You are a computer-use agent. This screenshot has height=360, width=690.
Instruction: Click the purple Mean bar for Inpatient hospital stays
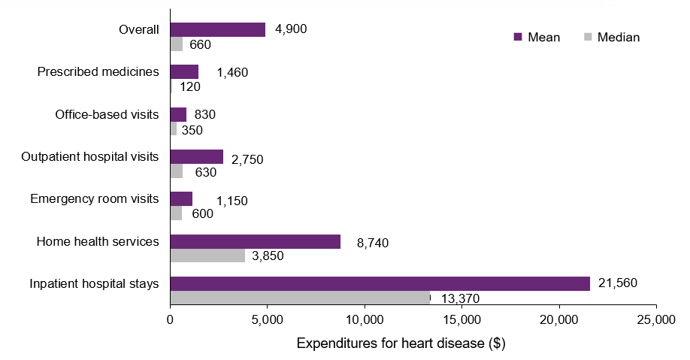[x=380, y=283]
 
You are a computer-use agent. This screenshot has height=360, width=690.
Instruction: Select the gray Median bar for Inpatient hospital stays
[x=300, y=298]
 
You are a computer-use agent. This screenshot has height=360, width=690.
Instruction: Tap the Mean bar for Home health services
[x=255, y=241]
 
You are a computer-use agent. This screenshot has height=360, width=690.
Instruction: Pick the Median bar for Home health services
[x=207, y=256]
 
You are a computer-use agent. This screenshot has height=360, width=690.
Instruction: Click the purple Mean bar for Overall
[x=217, y=29]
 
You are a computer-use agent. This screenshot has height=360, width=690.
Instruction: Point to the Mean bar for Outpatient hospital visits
[x=196, y=156]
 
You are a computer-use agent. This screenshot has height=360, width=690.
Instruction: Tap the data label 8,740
[x=373, y=243]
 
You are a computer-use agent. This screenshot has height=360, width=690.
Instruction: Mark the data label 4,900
[x=291, y=30]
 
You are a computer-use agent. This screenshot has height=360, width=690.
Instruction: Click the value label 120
[x=190, y=86]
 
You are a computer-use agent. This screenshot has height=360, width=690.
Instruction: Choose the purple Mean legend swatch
[x=517, y=37]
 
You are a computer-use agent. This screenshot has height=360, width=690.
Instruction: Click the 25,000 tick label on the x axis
[x=656, y=320]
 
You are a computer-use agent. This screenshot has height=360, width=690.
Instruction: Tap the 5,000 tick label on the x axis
[x=267, y=320]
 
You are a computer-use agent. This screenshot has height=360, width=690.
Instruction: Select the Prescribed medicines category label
[x=98, y=72]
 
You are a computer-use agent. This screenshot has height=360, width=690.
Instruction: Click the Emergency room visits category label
[x=95, y=199]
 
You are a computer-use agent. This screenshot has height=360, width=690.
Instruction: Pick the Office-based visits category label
[x=107, y=114]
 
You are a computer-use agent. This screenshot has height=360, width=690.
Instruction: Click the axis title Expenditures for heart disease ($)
[x=401, y=344]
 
